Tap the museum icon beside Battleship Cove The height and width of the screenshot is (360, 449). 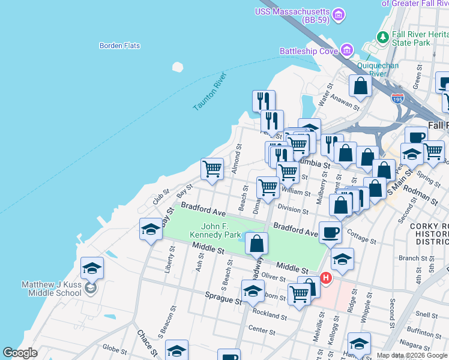[x=346, y=50]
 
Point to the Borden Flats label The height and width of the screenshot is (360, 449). [x=119, y=46]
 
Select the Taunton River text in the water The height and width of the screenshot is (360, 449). [x=209, y=91]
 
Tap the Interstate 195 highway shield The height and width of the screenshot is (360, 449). [x=397, y=98]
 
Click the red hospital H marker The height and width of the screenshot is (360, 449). [x=326, y=278]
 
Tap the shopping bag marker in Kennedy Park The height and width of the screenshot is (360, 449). [x=256, y=244]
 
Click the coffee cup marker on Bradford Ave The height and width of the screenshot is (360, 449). [x=330, y=232]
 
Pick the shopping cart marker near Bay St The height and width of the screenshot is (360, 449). [x=212, y=169]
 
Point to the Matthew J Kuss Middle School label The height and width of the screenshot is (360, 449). [x=51, y=289]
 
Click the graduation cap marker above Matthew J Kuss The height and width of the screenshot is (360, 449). [x=92, y=268]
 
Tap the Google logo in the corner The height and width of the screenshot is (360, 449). [x=20, y=353]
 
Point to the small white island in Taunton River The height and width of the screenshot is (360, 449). [x=177, y=67]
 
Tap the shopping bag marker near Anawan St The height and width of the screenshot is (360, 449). [x=361, y=86]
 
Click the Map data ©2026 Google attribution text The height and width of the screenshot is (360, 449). [x=411, y=355]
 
